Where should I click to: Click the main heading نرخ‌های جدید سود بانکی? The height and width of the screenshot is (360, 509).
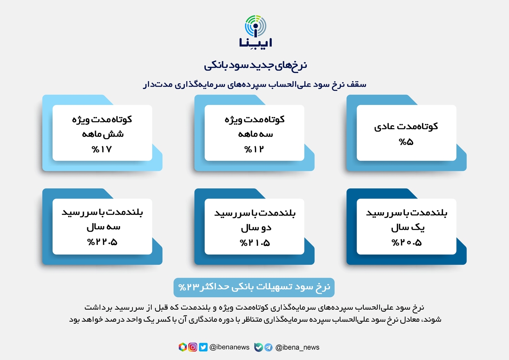[x=255, y=66]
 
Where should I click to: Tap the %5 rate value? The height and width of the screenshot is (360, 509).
[x=406, y=142]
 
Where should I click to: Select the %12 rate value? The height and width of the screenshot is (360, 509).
[x=254, y=149]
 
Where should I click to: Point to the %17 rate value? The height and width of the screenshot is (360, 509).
[x=102, y=149]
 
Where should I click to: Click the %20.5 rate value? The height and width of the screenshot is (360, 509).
[x=406, y=243]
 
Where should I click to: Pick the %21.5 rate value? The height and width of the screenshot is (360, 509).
[x=255, y=243]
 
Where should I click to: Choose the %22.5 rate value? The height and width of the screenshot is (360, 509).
[x=102, y=242]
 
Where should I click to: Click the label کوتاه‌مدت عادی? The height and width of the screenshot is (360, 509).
[x=406, y=126]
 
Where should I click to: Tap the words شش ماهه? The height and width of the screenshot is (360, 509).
[x=103, y=134]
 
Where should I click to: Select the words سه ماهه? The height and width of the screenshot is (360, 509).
[x=255, y=134]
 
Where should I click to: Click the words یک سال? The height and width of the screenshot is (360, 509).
[x=408, y=227]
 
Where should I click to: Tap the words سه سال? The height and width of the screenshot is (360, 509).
[x=103, y=227]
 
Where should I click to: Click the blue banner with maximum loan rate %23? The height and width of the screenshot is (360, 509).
[x=254, y=287]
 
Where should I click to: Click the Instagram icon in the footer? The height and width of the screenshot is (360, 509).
[x=193, y=347]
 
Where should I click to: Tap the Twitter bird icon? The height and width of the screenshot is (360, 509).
[x=203, y=347]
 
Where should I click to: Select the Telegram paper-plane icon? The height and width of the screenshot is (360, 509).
[x=269, y=348]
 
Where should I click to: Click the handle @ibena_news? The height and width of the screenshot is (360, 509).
[x=297, y=348]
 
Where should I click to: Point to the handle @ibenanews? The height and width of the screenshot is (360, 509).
[x=229, y=347]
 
